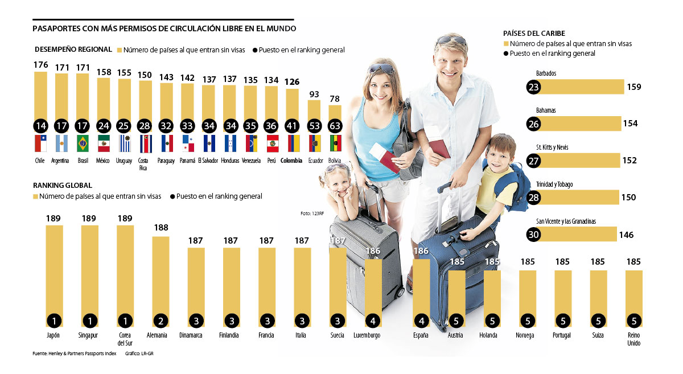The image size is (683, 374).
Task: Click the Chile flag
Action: pyautogui.click(x=40, y=144)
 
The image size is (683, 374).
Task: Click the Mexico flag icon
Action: pyautogui.click(x=104, y=144)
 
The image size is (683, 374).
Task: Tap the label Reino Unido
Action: pyautogui.click(x=633, y=339)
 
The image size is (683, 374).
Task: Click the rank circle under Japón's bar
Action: pyautogui.click(x=55, y=320)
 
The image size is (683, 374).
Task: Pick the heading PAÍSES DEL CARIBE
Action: pyautogui.click(x=534, y=34)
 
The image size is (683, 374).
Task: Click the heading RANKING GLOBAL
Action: pyautogui.click(x=63, y=186)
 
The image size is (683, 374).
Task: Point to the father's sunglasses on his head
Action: pyautogui.click(x=451, y=41)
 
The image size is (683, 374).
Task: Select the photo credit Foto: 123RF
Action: pyautogui.click(x=312, y=213)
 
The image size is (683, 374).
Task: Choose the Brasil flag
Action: pyautogui.click(x=83, y=144)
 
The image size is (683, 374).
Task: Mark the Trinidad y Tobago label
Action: pyautogui.click(x=554, y=184)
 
